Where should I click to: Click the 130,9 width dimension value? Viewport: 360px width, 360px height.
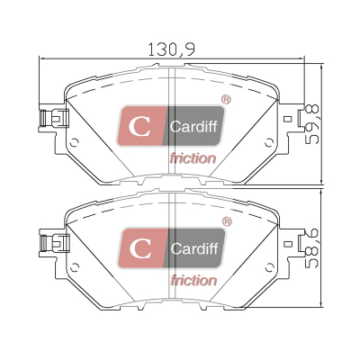pyautogui.click(x=172, y=49)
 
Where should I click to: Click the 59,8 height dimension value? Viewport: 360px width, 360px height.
pyautogui.click(x=311, y=124)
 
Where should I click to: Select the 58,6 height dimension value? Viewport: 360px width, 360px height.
pyautogui.click(x=311, y=248)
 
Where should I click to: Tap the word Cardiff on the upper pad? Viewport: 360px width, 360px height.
pyautogui.click(x=193, y=126)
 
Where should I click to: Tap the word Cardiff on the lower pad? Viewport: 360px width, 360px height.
pyautogui.click(x=194, y=248)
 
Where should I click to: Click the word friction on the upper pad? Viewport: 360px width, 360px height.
pyautogui.click(x=193, y=158)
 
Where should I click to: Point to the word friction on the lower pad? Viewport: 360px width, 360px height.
pyautogui.click(x=193, y=280)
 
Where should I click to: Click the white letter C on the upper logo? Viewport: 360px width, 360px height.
pyautogui.click(x=139, y=126)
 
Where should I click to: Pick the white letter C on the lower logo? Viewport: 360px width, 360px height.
pyautogui.click(x=140, y=248)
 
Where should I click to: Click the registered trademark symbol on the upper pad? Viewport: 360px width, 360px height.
pyautogui.click(x=226, y=100)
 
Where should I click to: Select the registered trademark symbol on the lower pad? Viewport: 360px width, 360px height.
pyautogui.click(x=227, y=221)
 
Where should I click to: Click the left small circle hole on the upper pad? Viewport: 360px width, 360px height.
pyautogui.click(x=74, y=143)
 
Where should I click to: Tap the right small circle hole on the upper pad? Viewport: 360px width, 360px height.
pyautogui.click(x=269, y=143)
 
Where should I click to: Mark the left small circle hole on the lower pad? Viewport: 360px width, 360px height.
pyautogui.click(x=74, y=267)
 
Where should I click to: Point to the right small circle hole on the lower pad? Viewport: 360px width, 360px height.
pyautogui.click(x=269, y=267)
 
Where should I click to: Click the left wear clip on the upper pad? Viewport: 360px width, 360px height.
pyautogui.click(x=54, y=118)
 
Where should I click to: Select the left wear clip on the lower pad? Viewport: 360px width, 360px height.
pyautogui.click(x=54, y=242)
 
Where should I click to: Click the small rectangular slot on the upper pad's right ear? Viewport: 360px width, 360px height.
pyautogui.click(x=289, y=118)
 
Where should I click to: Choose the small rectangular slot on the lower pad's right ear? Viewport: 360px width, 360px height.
pyautogui.click(x=289, y=243)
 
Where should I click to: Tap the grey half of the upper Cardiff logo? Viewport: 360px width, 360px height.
pyautogui.click(x=195, y=126)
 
